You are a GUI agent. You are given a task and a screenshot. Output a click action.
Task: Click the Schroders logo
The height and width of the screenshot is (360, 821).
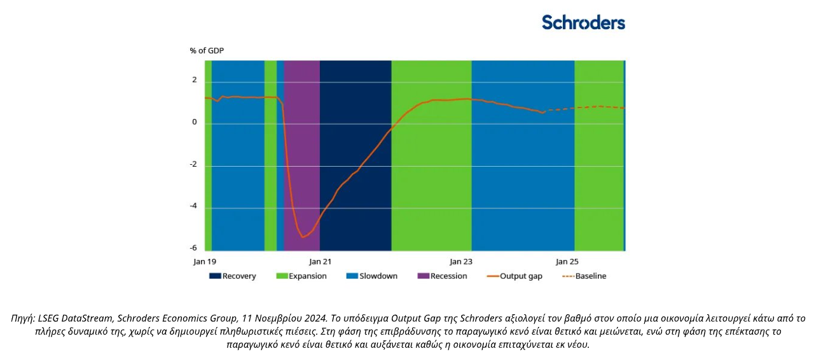tap(583, 22)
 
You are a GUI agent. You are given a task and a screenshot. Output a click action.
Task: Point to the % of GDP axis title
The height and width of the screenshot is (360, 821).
tap(206, 50)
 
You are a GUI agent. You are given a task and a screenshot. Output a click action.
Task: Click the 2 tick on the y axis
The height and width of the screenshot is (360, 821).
tap(195, 80)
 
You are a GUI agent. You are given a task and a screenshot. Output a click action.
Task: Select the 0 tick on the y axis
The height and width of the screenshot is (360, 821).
tap(195, 122)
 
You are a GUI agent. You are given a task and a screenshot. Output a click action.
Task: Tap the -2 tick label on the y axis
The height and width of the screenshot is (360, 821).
tap(193, 164)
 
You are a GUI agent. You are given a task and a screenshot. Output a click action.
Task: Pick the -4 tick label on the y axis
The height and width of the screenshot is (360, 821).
tap(193, 206)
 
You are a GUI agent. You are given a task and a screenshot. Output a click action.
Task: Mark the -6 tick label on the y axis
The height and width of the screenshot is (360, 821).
tap(193, 248)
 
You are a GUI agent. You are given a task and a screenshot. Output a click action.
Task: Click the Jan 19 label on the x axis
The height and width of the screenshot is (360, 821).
tap(205, 261)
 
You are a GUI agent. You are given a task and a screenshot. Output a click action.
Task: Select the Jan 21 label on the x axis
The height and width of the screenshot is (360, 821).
tap(320, 261)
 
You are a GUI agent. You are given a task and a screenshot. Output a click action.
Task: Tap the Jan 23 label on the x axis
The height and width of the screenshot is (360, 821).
tap(461, 261)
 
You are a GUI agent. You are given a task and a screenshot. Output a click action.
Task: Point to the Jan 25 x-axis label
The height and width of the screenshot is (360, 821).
tap(567, 261)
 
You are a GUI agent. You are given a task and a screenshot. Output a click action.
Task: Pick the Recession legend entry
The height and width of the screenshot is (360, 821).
tap(443, 276)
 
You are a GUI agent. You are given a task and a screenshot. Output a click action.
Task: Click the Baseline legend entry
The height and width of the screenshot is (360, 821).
tap(584, 276)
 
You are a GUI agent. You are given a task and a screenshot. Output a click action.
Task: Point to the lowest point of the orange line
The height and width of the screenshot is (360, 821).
tap(303, 237)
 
